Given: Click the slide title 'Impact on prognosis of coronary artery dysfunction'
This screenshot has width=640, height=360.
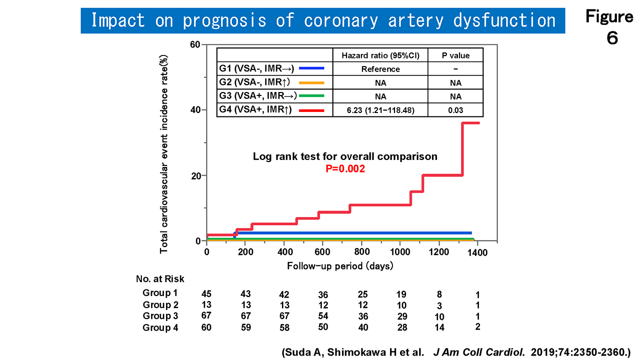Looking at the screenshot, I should point(322,21).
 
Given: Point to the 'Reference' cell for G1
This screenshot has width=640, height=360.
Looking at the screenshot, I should point(380,69).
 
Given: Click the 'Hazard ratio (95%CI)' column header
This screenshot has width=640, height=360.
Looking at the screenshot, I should point(380,55).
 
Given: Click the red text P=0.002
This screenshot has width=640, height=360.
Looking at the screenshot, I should point(345,169).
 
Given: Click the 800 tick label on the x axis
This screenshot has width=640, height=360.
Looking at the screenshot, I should point(361,252).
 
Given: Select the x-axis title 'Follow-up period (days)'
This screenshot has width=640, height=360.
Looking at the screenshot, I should point(340,266).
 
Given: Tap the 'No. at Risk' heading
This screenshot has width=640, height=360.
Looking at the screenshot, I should point(160,278).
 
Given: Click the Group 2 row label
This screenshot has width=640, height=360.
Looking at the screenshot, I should point(160,304).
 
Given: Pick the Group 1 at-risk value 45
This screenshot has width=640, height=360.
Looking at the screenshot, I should point(206,293).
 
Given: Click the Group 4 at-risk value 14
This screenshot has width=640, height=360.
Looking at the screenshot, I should point(439,328).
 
